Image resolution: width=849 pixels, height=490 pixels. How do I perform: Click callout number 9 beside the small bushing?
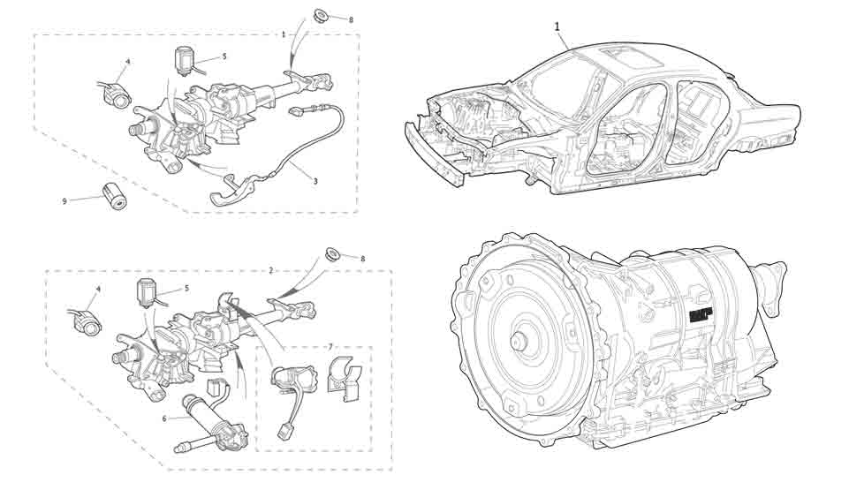click(x=64, y=201)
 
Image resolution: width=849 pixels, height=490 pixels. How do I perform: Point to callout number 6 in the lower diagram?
click(x=164, y=418)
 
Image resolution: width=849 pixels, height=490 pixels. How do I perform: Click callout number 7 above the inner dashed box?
click(x=330, y=346)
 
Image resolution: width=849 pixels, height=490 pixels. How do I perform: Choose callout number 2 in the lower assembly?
click(x=271, y=269)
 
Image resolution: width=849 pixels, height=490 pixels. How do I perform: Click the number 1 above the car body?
click(x=558, y=26)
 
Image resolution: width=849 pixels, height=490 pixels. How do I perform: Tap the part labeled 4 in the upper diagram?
click(x=115, y=91)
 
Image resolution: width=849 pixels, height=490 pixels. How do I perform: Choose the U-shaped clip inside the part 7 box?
click(x=345, y=374)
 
